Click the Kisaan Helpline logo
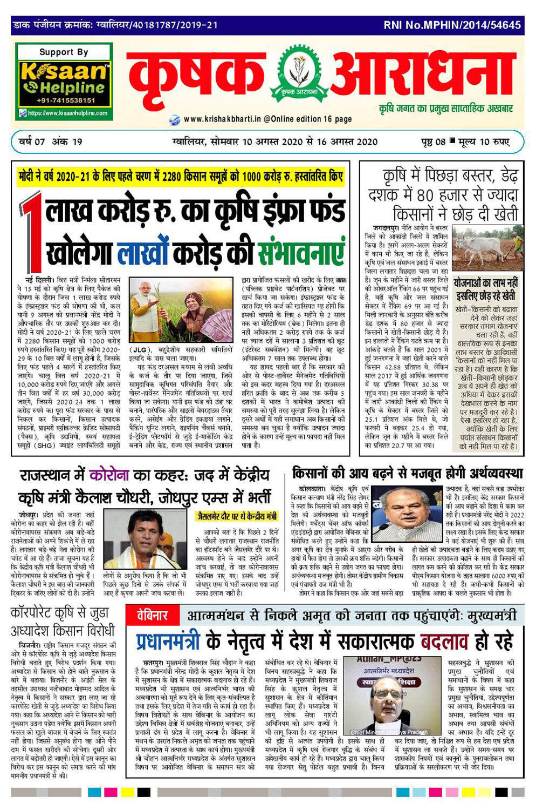point(64,79)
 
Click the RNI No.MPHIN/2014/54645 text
point(452,25)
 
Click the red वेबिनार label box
point(152,615)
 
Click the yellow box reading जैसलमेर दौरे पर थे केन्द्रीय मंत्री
point(237,516)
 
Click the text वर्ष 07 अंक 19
point(50,141)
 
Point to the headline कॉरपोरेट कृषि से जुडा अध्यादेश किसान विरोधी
point(63,622)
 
